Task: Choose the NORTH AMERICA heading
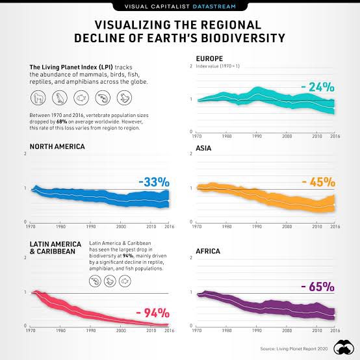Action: pyautogui.click(x=48, y=147)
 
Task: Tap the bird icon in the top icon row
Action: pyautogui.click(x=60, y=98)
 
